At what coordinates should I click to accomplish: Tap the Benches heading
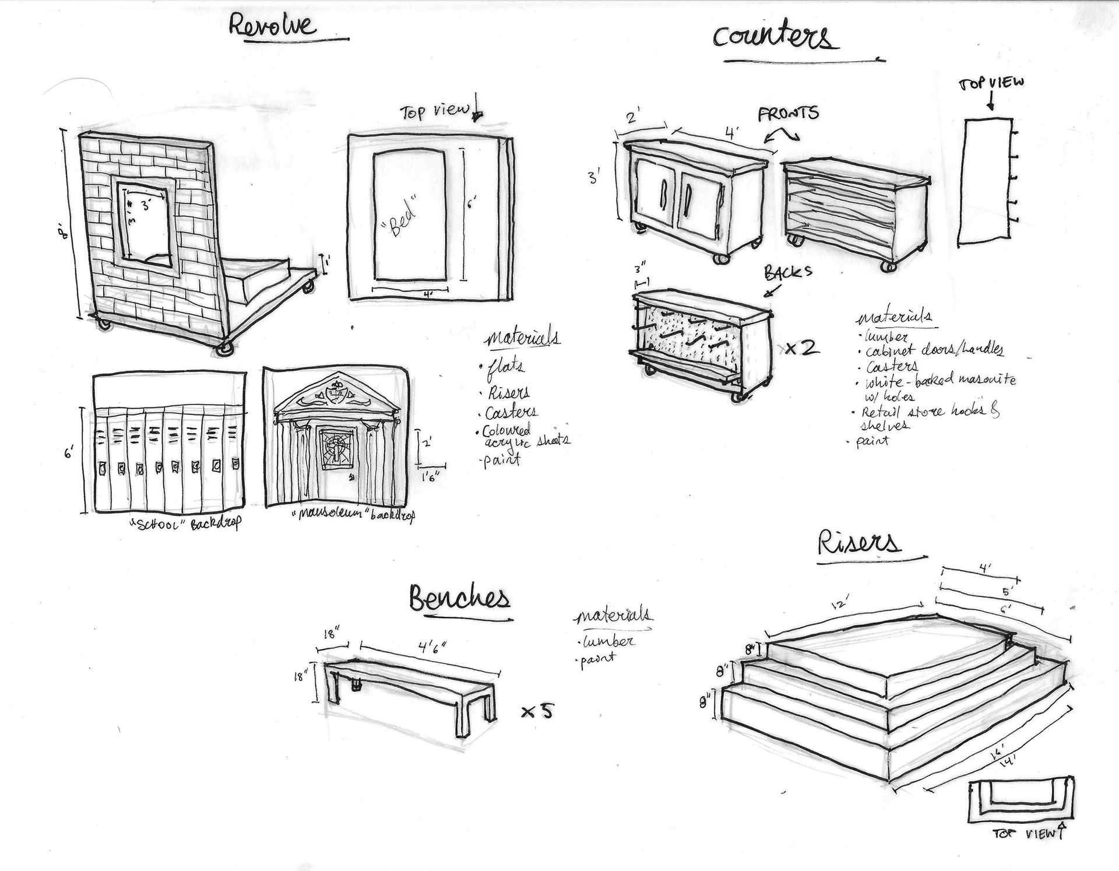click(x=459, y=599)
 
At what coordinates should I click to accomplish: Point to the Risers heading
click(x=858, y=542)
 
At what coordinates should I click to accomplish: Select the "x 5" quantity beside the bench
click(x=537, y=711)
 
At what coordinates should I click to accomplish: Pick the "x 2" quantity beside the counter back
click(x=802, y=349)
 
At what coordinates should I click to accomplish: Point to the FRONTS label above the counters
click(x=788, y=114)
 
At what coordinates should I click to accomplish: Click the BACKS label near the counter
click(x=788, y=272)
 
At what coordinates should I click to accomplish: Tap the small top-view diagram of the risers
click(x=1021, y=802)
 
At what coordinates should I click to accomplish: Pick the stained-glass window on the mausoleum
click(x=335, y=447)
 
